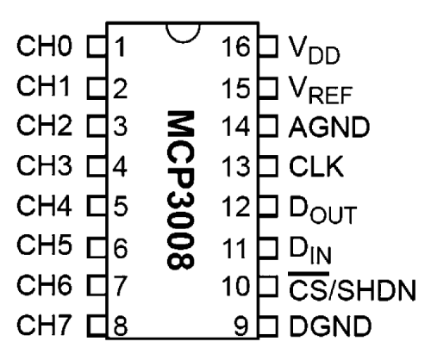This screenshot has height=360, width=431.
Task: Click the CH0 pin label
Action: click(44, 46)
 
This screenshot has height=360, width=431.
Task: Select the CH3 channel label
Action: click(44, 165)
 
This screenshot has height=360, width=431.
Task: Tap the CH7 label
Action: click(44, 325)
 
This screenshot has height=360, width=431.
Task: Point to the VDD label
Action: click(314, 49)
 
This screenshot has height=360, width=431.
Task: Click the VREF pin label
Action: click(321, 90)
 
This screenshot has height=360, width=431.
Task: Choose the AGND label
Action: click(329, 127)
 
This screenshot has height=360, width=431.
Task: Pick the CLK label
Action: click(316, 166)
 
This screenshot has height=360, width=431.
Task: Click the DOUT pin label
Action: click(323, 209)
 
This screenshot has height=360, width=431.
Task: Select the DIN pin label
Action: click(310, 250)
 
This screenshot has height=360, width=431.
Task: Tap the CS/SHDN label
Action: click(353, 287)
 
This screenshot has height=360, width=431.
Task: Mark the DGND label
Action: click(330, 326)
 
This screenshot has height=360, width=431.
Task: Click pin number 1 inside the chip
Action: click(120, 47)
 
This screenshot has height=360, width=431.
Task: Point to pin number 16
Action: click(235, 46)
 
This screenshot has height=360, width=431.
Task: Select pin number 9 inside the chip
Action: click(241, 326)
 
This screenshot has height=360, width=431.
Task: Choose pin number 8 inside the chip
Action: click(121, 326)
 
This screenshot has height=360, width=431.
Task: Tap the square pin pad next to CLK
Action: click(268, 165)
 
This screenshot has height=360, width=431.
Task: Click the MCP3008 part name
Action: click(181, 190)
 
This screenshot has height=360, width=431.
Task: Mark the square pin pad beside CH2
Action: click(97, 126)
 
